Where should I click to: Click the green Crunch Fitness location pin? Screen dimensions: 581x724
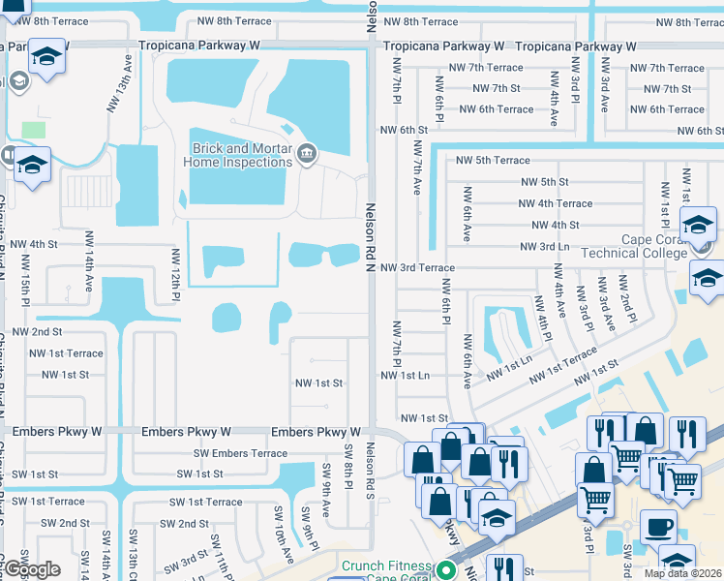click(446, 569)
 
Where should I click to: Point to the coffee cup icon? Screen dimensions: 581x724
click(658, 528)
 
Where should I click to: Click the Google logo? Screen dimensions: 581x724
click(32, 570)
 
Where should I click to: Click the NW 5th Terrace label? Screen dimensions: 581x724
click(493, 160)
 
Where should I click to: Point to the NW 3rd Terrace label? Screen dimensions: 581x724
click(417, 267)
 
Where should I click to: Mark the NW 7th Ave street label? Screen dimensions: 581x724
click(418, 168)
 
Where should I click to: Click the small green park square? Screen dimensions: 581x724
click(33, 129)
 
